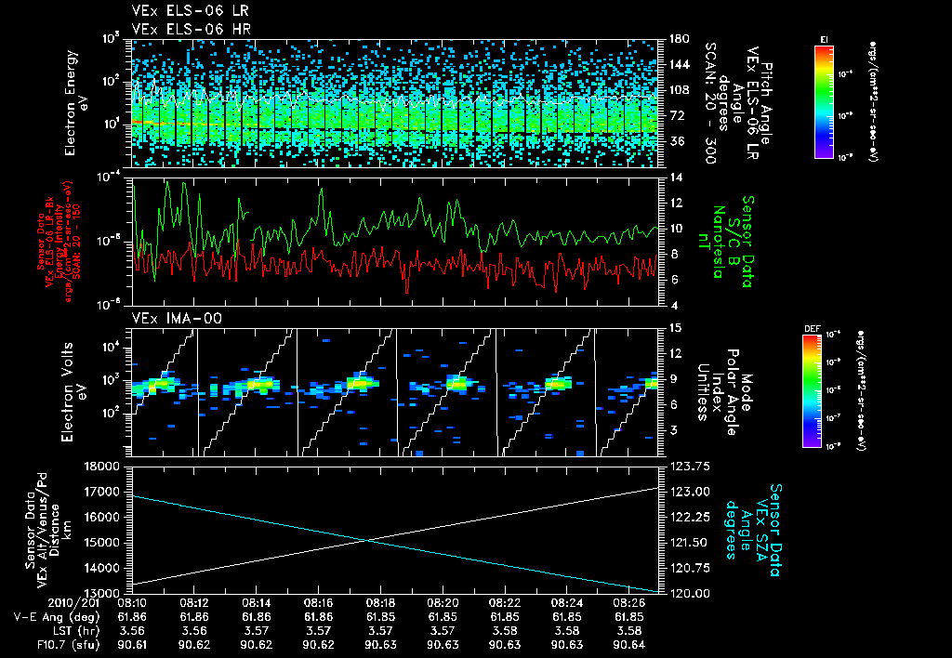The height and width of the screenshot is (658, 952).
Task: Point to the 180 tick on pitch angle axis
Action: coord(677,39)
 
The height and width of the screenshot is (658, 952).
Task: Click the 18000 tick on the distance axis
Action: coord(103,466)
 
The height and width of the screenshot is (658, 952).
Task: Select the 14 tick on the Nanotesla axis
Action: coord(676,177)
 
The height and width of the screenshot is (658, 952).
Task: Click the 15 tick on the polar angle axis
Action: coord(676,328)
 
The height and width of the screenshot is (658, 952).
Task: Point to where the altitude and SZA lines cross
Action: coord(365,539)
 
